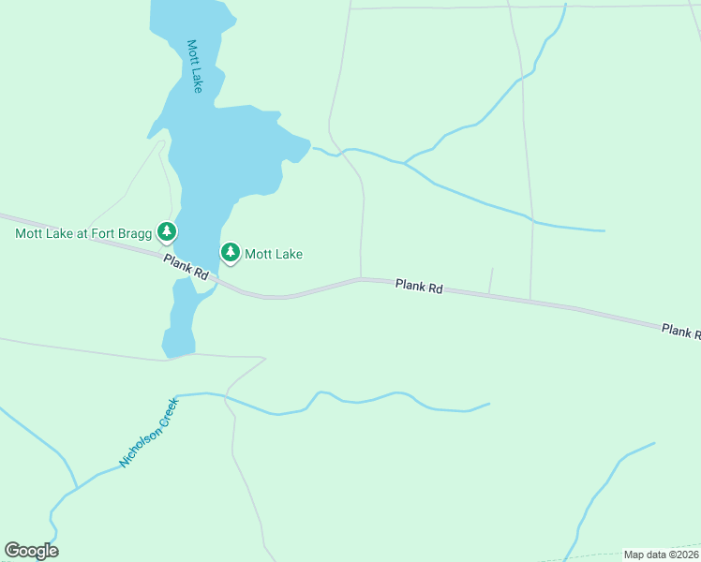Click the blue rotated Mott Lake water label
pyautogui.click(x=195, y=66)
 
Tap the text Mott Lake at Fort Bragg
pyautogui.click(x=83, y=233)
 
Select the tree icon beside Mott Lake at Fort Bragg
pyautogui.click(x=167, y=230)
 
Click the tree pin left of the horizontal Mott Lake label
pyautogui.click(x=230, y=252)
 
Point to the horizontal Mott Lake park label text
pyautogui.click(x=274, y=254)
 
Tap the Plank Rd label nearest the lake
pyautogui.click(x=186, y=267)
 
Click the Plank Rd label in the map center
pyautogui.click(x=418, y=286)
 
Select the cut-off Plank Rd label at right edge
pyautogui.click(x=680, y=331)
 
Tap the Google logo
pyautogui.click(x=31, y=551)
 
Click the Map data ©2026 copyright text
pyautogui.click(x=661, y=555)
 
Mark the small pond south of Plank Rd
pyautogui.click(x=180, y=323)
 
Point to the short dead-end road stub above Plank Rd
pyautogui.click(x=490, y=280)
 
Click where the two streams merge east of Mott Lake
pyautogui.click(x=405, y=164)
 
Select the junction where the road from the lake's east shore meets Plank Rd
pyautogui.click(x=361, y=278)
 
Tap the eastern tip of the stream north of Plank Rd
pyautogui.click(x=604, y=230)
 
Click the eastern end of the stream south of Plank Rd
pyautogui.click(x=488, y=405)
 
